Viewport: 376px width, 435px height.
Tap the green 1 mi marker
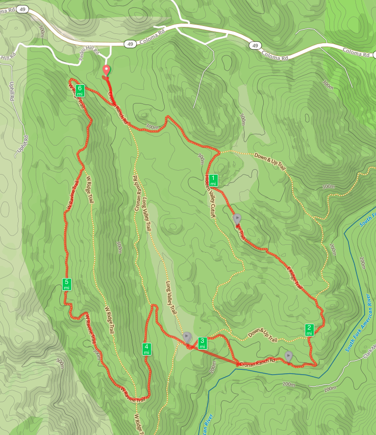(x=213, y=180)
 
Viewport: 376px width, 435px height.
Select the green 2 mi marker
(x=309, y=330)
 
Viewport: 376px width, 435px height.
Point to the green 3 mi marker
(x=202, y=342)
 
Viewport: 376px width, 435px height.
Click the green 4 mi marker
(x=146, y=349)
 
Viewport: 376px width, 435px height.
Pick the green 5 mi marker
(x=67, y=284)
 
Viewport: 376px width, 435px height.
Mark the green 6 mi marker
(x=80, y=90)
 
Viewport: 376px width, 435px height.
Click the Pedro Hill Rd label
(x=89, y=55)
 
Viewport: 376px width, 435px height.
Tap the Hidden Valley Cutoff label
(x=210, y=196)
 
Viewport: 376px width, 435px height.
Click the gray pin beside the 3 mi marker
(x=187, y=337)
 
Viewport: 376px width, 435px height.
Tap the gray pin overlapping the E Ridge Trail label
(x=237, y=218)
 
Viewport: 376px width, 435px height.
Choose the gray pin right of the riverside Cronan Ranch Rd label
(x=289, y=356)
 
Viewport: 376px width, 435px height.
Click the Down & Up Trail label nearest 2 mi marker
(x=263, y=335)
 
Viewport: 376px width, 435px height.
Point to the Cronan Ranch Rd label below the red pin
(x=118, y=107)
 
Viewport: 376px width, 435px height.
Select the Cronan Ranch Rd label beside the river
(x=257, y=361)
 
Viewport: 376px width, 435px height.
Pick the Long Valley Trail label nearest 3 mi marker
(x=171, y=298)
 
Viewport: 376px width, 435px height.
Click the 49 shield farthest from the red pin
(x=254, y=46)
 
